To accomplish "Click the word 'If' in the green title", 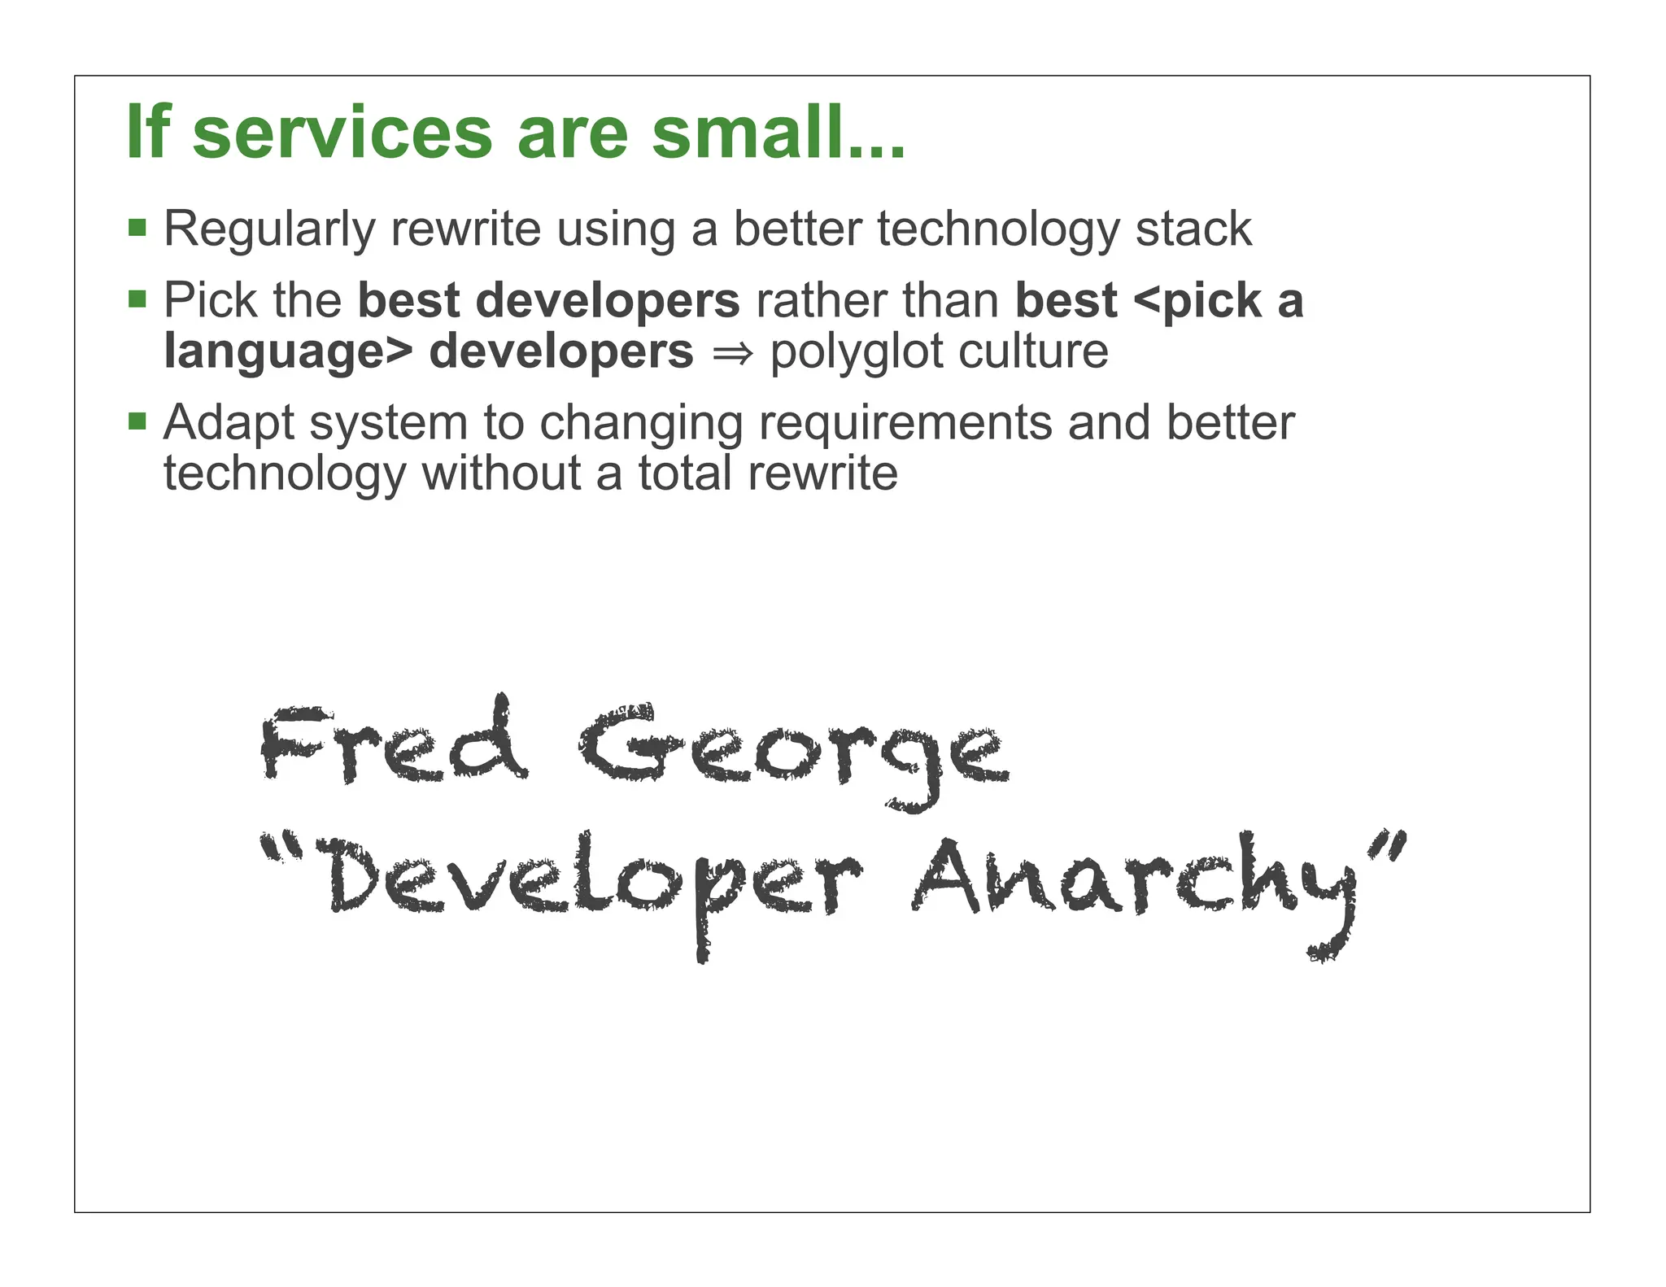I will tap(149, 133).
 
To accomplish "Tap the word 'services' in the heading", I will tap(342, 134).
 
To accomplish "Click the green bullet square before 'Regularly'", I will tap(137, 227).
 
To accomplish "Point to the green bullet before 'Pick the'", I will tap(137, 299).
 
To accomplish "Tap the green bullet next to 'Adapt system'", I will tap(137, 421).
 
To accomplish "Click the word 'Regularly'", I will tap(269, 230).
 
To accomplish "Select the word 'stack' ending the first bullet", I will tap(1193, 229).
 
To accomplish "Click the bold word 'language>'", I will tap(288, 352).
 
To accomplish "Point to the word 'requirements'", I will tap(905, 424).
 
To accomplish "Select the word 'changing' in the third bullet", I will tap(641, 425).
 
